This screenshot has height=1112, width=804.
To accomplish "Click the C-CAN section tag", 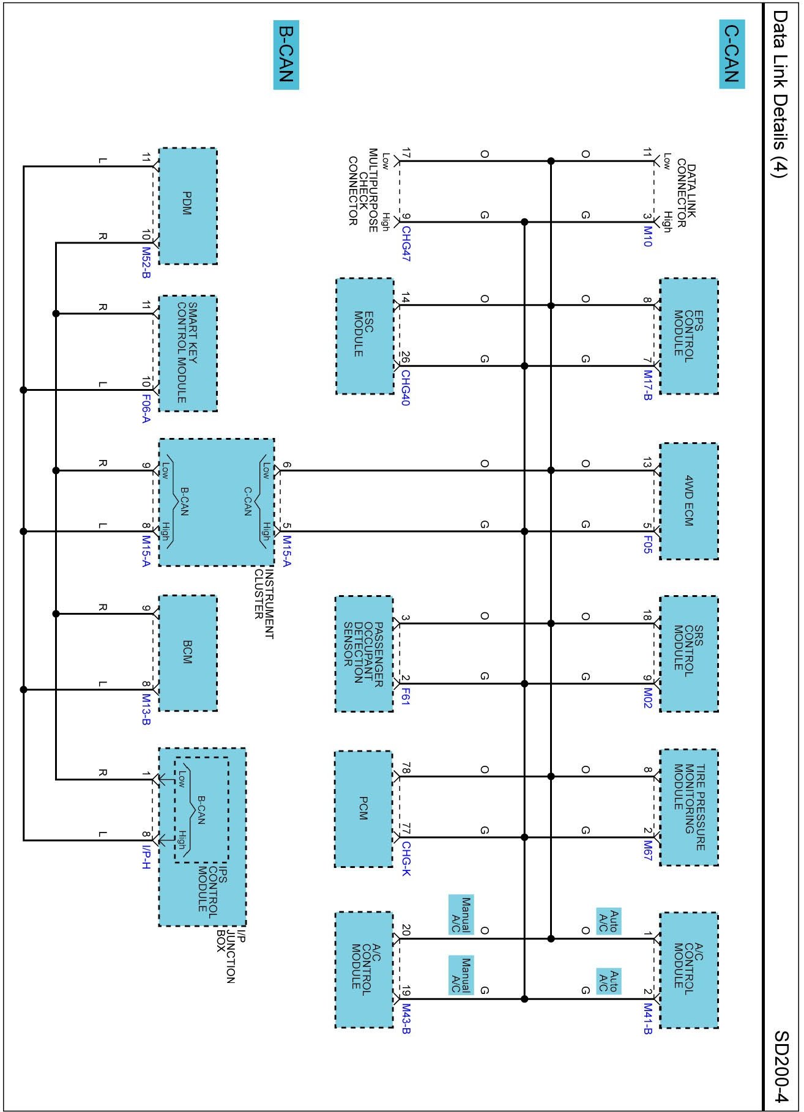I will pos(731,54).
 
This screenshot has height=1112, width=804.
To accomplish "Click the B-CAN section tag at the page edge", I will pos(286,55).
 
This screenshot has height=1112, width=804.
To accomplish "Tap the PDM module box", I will pos(187,206).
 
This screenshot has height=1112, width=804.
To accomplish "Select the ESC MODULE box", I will pos(364,336).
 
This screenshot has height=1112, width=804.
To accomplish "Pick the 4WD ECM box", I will pos(688,501).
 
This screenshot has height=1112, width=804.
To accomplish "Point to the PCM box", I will pos(363,809).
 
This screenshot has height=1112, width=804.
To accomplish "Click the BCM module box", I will pos(187,653).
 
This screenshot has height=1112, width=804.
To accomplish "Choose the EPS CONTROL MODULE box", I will pos(688,336).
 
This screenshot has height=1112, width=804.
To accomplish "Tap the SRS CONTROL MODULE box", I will pos(688,654).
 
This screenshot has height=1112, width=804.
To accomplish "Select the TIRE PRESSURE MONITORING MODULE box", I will pos(688,807).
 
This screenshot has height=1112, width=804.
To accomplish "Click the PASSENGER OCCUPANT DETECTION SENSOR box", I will pos(363,654).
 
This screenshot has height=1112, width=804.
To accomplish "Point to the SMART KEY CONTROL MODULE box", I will pos(187,353).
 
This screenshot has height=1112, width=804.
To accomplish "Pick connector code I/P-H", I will pos(146,857).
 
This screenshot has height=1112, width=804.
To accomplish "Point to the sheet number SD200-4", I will pos(783,1067).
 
